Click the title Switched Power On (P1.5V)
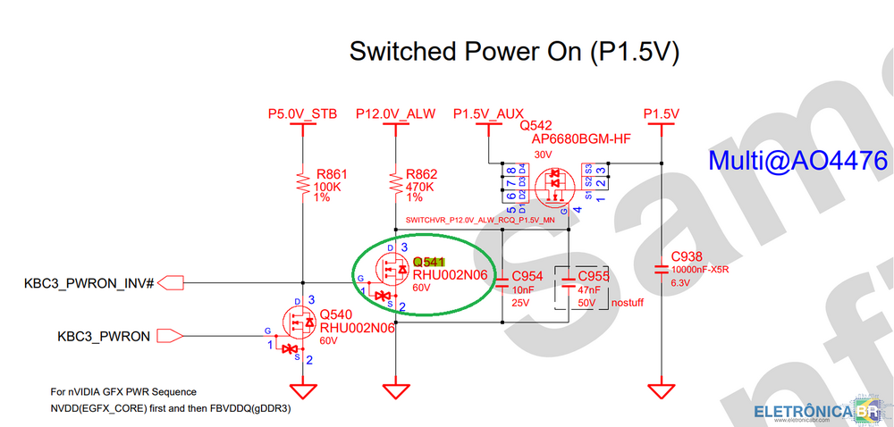(514, 51)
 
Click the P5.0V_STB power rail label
(302, 114)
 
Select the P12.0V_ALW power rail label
(395, 114)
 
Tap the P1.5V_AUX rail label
(488, 114)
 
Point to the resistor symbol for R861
(302, 184)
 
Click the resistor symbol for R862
(395, 184)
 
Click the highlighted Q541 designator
(428, 262)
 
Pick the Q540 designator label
(337, 315)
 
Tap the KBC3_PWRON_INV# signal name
(89, 283)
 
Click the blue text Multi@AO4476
(797, 161)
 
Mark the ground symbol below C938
(661, 391)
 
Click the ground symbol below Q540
(302, 391)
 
